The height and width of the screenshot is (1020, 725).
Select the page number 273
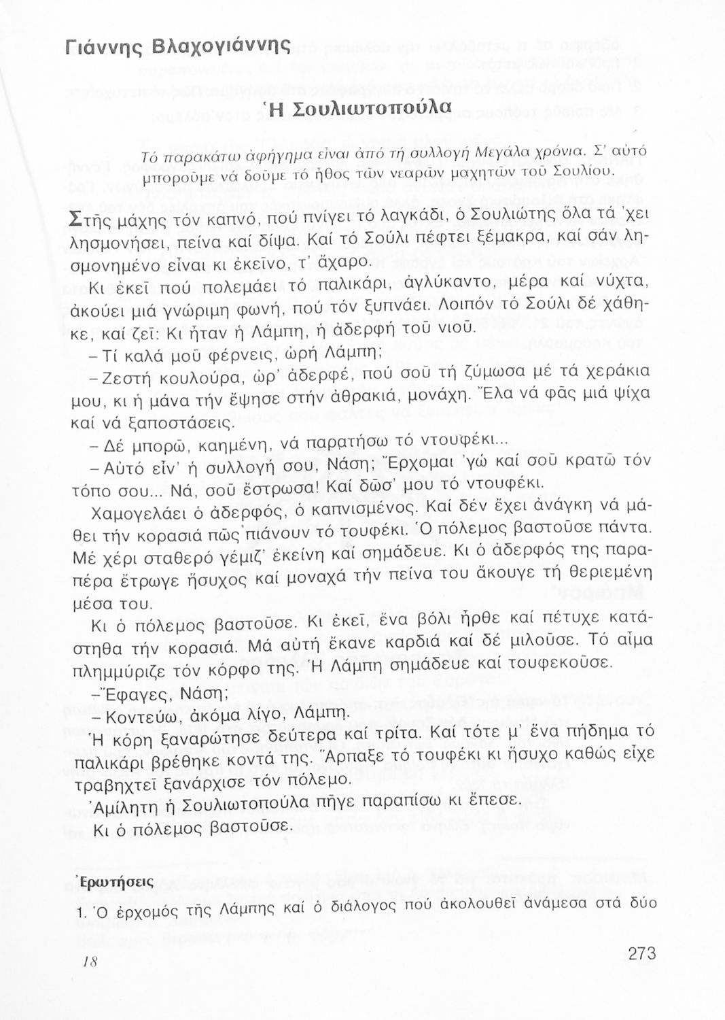point(641,953)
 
